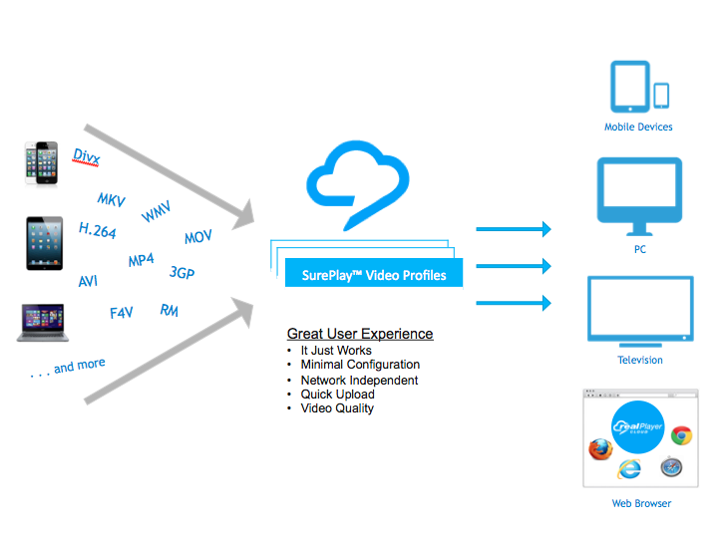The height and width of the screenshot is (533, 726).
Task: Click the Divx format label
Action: [87, 156]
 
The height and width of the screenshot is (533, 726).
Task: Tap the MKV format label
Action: [111, 200]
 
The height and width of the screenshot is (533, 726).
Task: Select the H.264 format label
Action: [98, 231]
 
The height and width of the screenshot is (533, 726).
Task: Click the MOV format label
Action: [198, 238]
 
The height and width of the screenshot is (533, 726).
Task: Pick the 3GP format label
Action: [181, 272]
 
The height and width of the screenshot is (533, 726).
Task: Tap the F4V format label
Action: [121, 313]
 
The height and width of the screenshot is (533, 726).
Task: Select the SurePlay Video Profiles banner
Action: [374, 274]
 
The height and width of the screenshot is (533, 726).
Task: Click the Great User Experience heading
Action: [360, 334]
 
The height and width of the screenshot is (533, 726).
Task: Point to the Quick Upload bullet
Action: [337, 395]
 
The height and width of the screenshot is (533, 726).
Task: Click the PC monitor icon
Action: [639, 193]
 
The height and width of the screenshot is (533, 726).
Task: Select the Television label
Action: [640, 361]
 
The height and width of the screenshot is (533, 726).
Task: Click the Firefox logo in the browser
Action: [599, 450]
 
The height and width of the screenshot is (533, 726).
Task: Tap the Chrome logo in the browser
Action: [681, 435]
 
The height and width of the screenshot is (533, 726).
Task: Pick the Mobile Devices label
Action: [638, 128]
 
